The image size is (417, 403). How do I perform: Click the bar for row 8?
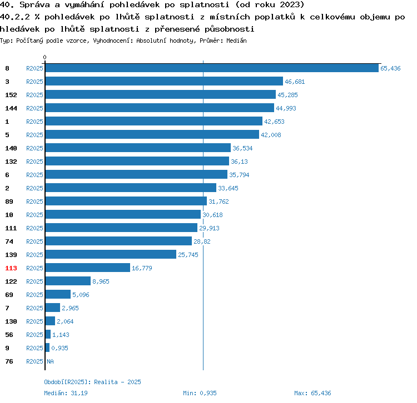click(x=212, y=68)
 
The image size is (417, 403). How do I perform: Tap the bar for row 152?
click(x=160, y=95)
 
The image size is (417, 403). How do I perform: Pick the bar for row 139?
click(x=111, y=255)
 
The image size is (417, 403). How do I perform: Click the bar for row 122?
click(x=68, y=281)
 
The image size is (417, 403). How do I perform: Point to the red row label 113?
click(x=11, y=268)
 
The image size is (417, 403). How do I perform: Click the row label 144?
click(x=11, y=108)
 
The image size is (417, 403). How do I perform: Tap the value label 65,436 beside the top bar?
click(x=390, y=68)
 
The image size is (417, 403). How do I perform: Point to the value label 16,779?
click(x=142, y=268)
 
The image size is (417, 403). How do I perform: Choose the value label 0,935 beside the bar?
click(x=59, y=348)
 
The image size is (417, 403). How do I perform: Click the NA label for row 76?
click(x=50, y=361)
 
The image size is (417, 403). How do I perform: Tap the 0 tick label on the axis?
click(x=45, y=58)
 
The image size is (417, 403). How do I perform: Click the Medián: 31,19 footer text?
click(x=66, y=393)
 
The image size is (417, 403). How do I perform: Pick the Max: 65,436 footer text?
click(x=312, y=393)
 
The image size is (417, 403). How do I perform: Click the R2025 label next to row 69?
click(x=34, y=295)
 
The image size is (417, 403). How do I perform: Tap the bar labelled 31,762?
click(x=126, y=201)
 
